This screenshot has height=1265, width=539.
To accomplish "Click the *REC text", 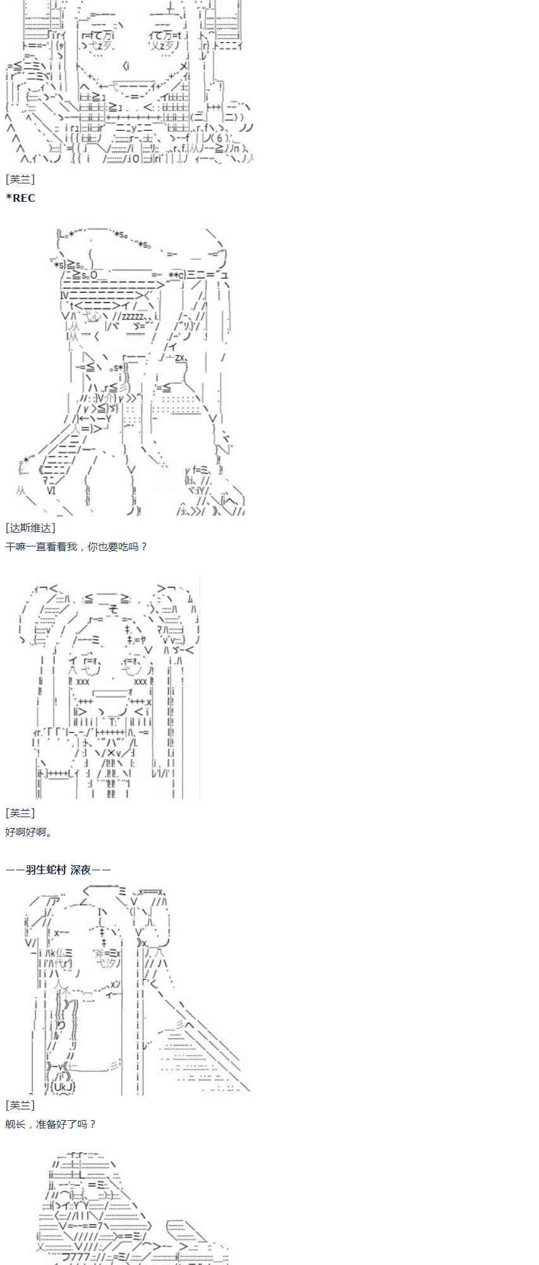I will [20, 198].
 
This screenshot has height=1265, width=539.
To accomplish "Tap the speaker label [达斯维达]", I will [30, 528].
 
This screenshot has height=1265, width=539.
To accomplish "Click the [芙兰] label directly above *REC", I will [20, 180].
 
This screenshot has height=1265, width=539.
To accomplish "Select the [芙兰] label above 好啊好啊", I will [20, 813].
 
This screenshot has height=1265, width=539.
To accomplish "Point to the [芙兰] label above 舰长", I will [20, 1105].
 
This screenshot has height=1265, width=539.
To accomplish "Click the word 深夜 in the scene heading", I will [80, 870].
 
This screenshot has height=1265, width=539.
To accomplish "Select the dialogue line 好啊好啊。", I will [29, 832].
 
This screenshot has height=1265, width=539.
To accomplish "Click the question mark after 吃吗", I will [144, 546].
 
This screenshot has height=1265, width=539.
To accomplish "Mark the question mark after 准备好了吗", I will [93, 1124].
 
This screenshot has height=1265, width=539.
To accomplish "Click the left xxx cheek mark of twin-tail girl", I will [83, 682].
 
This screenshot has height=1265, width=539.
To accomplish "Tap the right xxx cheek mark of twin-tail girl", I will [140, 682].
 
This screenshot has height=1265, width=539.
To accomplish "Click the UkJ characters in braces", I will [63, 1086].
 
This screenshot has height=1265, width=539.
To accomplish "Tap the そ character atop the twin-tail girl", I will [114, 609].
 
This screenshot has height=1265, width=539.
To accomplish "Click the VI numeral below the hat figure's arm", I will [51, 490].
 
